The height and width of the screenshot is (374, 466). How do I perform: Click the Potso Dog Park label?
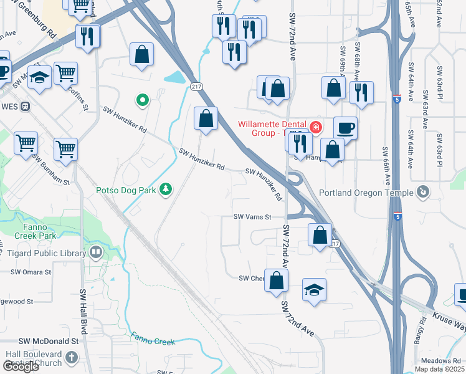[x=125, y=190]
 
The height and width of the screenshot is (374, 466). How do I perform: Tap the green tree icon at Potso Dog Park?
[x=165, y=188]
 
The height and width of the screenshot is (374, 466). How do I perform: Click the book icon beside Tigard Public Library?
[x=96, y=252]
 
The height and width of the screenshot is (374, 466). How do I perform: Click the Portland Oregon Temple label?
[x=366, y=193]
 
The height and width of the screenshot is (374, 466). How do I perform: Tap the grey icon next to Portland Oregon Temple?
[x=424, y=191]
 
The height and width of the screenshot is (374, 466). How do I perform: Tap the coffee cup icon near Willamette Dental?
[x=345, y=128]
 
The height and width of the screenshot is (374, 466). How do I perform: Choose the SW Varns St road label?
[x=253, y=217]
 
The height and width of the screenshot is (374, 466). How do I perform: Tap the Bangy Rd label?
[x=423, y=330]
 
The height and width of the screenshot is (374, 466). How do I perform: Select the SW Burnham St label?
[x=50, y=170]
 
